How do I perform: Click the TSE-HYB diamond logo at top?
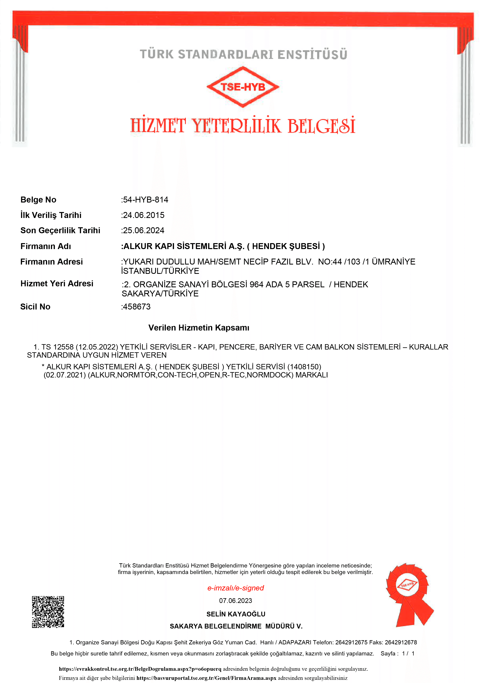coord(243,87)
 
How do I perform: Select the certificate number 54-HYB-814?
coord(145,200)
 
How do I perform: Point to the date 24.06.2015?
coord(143,215)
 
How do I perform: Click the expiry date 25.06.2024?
coord(143,231)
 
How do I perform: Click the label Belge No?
coord(38,200)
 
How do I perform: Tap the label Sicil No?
coord(35,307)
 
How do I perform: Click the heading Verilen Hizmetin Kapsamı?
coord(199,328)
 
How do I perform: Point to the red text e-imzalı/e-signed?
coord(235,588)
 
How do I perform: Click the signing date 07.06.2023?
coord(235,601)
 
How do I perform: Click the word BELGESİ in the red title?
coord(321,126)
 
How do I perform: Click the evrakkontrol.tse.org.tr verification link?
coord(140,669)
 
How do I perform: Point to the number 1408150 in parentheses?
coord(304,367)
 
